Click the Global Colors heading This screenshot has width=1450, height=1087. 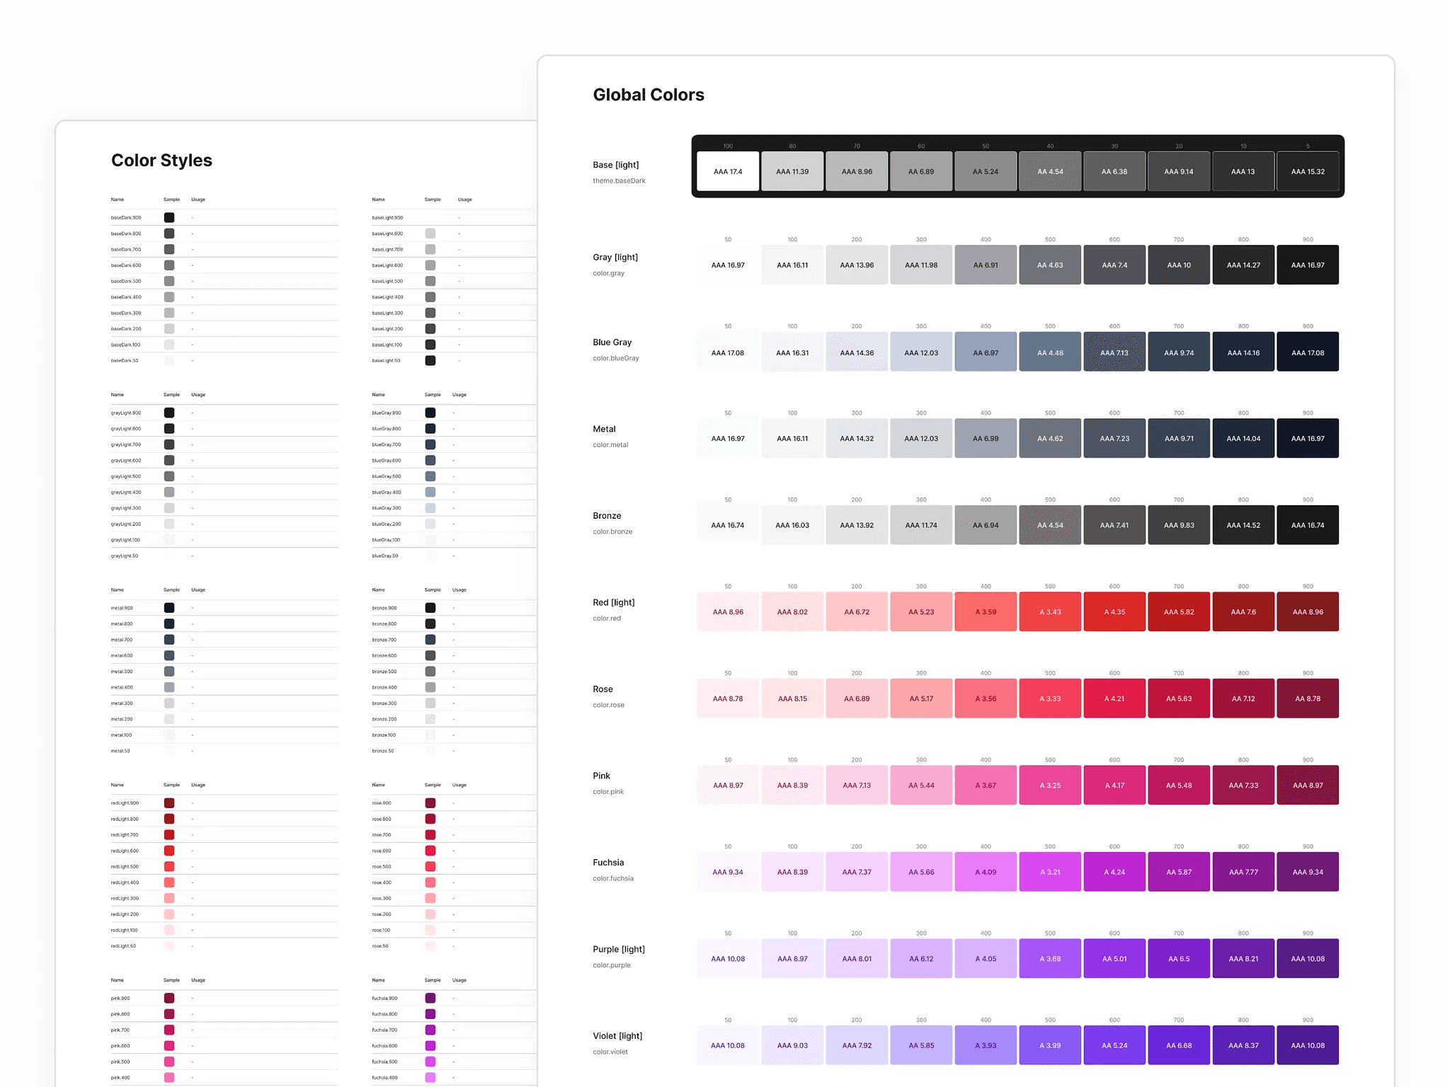(648, 95)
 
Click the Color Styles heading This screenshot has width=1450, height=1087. (161, 161)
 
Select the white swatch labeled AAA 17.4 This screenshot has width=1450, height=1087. (728, 171)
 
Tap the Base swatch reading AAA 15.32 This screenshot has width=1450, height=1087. (1307, 171)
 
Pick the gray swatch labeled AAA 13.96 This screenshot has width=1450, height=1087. (857, 265)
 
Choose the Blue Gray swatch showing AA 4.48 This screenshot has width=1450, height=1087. (1050, 352)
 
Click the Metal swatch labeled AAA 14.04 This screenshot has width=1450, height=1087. (1243, 439)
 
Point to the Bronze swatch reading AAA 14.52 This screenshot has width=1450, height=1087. (1243, 525)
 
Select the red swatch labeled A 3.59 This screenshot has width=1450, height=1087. (986, 612)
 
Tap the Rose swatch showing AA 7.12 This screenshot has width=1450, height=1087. (1243, 698)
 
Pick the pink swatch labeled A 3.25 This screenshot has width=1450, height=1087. (1050, 786)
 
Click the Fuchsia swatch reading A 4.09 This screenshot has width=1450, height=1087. (986, 872)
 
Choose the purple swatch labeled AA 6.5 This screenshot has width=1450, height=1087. (1179, 959)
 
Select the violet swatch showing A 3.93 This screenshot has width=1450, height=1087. (986, 1045)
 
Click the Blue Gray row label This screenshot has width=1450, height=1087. (612, 343)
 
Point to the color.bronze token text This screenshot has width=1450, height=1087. (612, 531)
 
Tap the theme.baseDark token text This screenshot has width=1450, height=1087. (619, 181)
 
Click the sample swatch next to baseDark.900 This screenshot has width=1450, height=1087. (169, 218)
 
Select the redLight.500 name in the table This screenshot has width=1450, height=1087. (125, 867)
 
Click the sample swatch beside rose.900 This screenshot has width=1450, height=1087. (430, 803)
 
